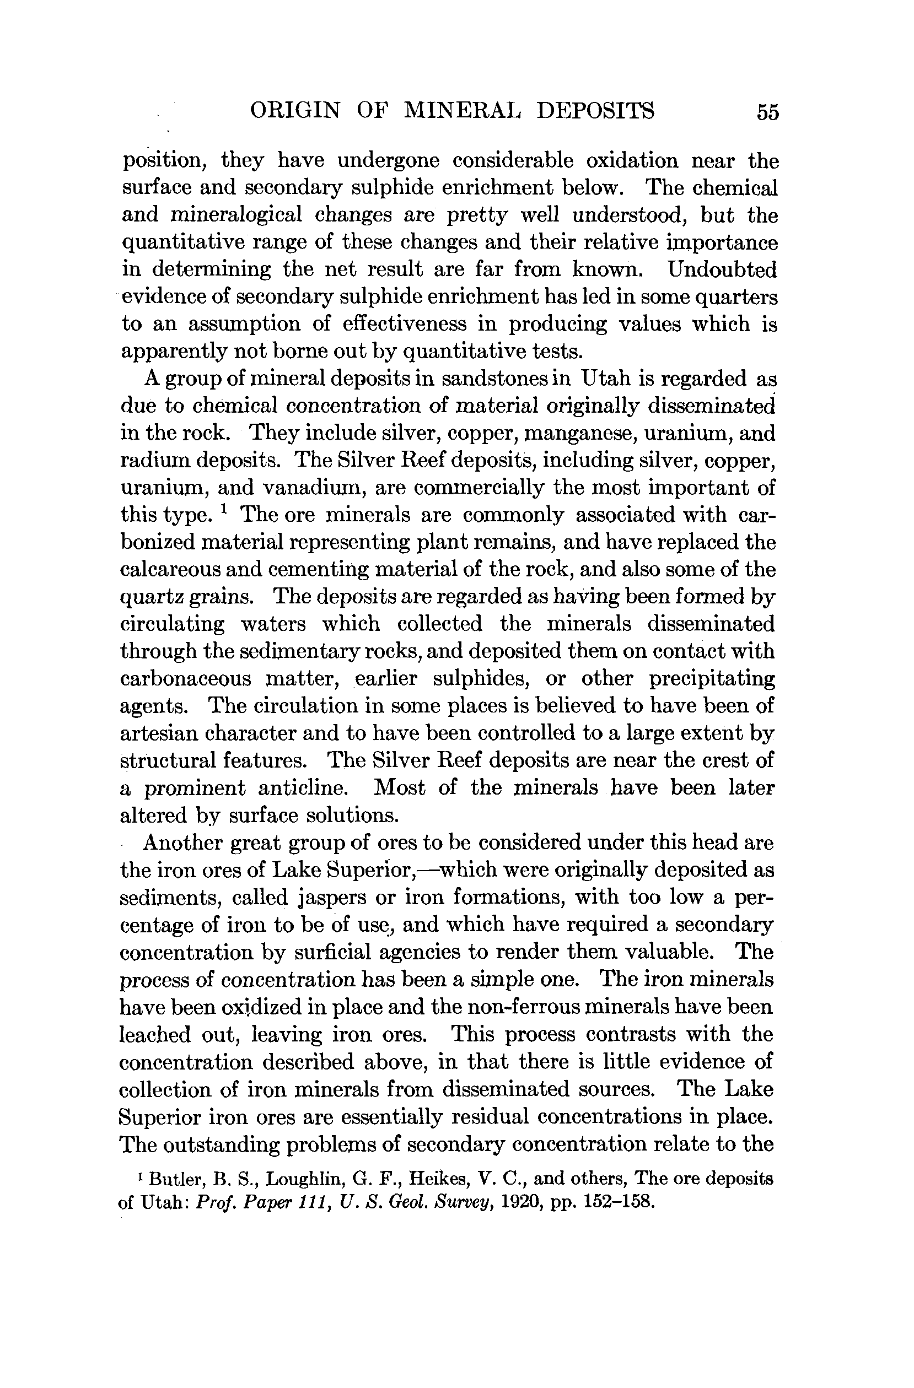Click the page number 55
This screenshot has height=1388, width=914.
(767, 111)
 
